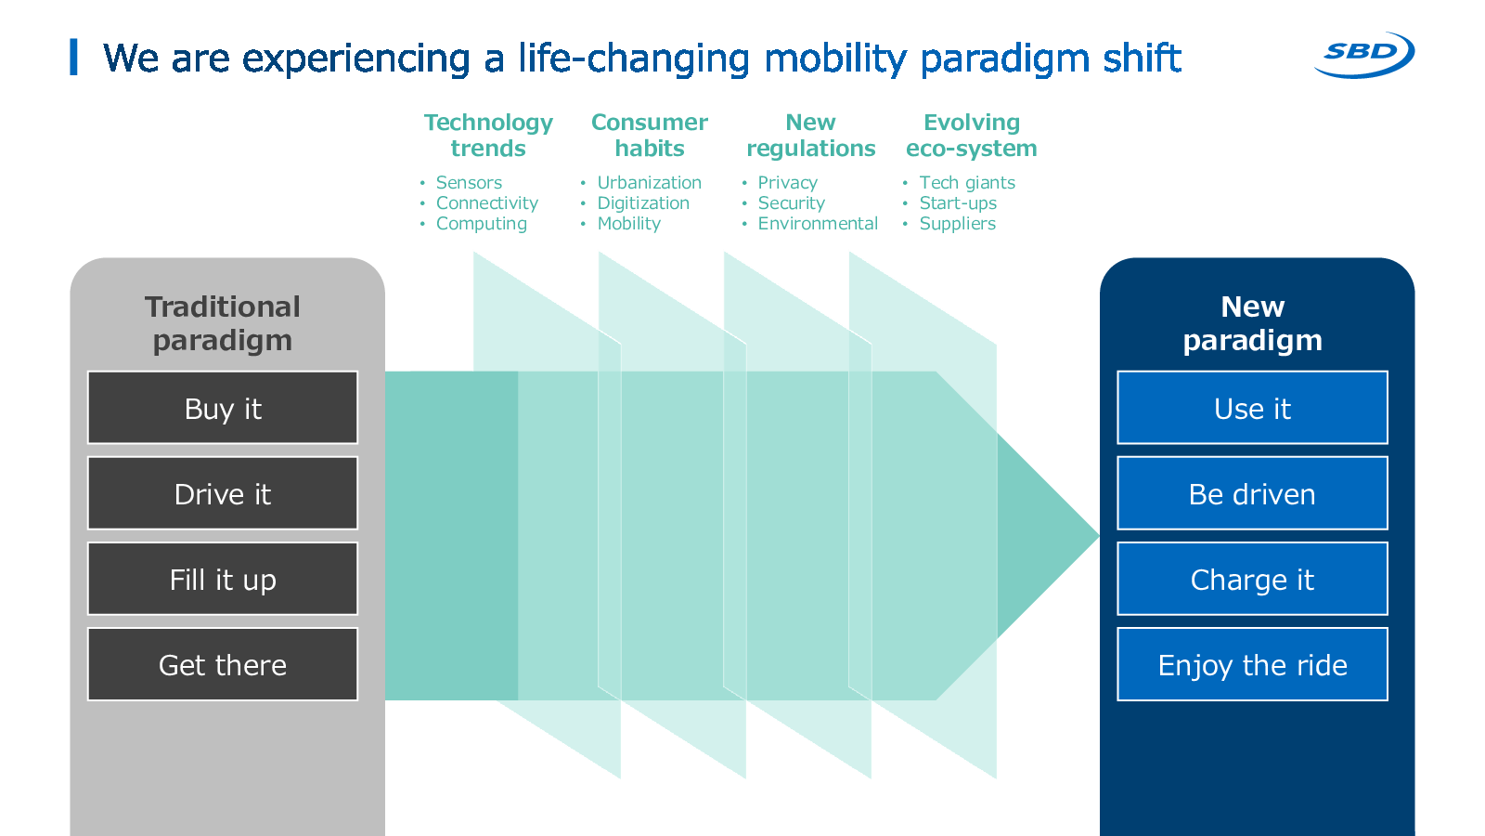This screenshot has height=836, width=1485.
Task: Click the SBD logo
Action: (x=1364, y=55)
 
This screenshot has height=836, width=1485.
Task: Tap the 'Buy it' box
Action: (x=223, y=408)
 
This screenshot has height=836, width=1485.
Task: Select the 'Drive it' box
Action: (x=223, y=493)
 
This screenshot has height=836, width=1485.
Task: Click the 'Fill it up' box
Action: (x=223, y=579)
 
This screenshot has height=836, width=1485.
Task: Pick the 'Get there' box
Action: (x=223, y=664)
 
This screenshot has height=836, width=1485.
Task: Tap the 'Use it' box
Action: (x=1252, y=408)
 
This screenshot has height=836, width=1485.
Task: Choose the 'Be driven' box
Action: (x=1252, y=493)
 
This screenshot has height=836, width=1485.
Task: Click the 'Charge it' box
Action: (x=1252, y=579)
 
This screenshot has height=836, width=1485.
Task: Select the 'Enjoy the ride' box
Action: (x=1252, y=664)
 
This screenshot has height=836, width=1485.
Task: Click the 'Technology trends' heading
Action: (x=488, y=136)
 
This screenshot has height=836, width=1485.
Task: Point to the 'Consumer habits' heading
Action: (x=650, y=136)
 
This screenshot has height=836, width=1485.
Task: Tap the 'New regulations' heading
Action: (x=811, y=136)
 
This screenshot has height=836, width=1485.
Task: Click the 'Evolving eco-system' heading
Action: (x=972, y=136)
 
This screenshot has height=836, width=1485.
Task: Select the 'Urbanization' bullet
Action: (x=649, y=182)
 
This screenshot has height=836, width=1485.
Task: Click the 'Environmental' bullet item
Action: (x=818, y=224)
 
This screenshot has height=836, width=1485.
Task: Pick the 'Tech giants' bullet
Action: (x=967, y=182)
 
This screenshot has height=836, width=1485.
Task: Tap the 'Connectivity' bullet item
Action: (x=487, y=203)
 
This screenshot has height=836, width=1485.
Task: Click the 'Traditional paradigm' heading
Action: (x=223, y=324)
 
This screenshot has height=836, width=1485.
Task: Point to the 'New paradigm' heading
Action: (x=1252, y=324)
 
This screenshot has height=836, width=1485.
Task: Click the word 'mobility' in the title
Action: (x=835, y=59)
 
